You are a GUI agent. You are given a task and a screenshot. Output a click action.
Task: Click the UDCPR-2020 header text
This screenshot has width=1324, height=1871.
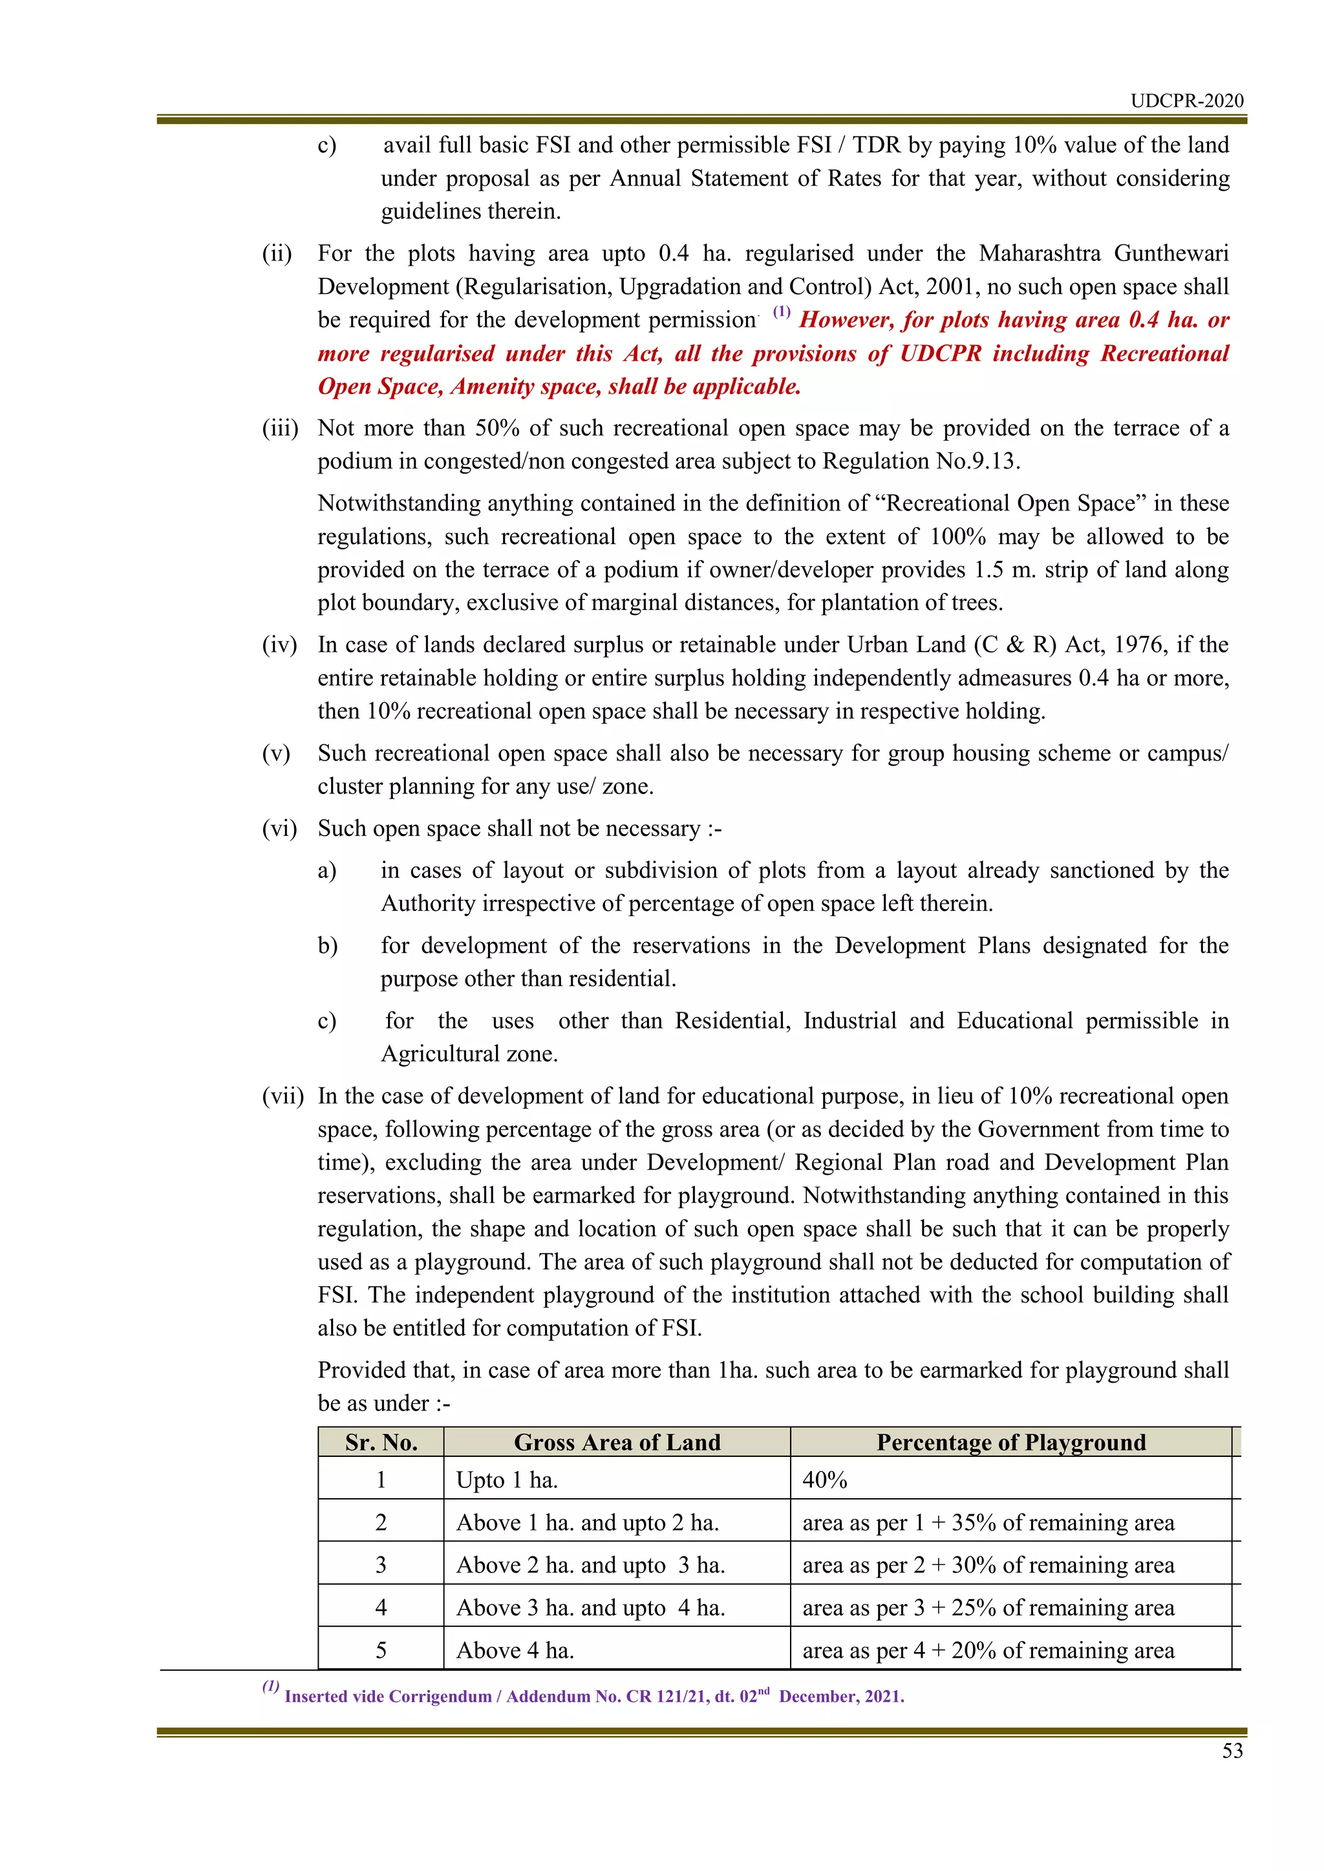pyautogui.click(x=1186, y=101)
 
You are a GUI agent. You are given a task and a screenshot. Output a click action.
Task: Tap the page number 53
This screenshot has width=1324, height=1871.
pyautogui.click(x=1232, y=1750)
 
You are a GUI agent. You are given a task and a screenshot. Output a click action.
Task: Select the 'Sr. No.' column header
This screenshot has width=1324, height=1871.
pyautogui.click(x=381, y=1443)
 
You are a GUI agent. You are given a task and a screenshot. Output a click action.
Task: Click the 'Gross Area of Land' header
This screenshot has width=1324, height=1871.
pyautogui.click(x=617, y=1443)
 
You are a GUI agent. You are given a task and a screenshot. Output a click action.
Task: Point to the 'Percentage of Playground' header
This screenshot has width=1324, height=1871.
pyautogui.click(x=1011, y=1443)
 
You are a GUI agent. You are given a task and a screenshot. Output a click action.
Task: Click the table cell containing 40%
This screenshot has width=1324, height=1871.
pyautogui.click(x=825, y=1480)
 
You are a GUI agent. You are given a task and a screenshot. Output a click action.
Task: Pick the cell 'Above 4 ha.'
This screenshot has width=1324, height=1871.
pyautogui.click(x=515, y=1650)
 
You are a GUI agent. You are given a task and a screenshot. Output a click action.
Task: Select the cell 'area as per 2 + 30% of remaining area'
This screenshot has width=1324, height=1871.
pyautogui.click(x=988, y=1565)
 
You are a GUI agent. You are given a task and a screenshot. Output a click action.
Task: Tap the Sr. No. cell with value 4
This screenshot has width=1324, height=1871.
pyautogui.click(x=381, y=1607)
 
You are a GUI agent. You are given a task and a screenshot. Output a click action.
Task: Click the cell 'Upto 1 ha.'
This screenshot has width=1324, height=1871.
pyautogui.click(x=507, y=1480)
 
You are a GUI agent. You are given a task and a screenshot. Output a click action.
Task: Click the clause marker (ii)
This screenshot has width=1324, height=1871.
pyautogui.click(x=277, y=253)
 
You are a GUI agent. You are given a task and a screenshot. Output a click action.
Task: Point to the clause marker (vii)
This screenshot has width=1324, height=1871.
pyautogui.click(x=282, y=1096)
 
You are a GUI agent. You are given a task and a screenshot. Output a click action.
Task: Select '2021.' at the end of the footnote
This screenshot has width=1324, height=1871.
pyautogui.click(x=883, y=1697)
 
